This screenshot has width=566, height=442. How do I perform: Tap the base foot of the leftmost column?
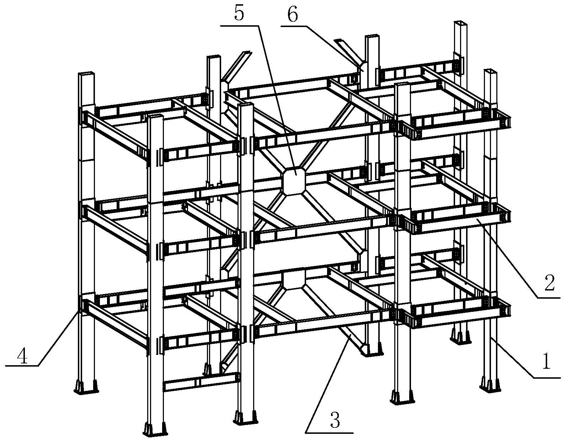point(86,387)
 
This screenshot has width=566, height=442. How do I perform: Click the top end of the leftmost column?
point(86,74)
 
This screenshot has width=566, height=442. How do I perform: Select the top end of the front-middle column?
point(246,105)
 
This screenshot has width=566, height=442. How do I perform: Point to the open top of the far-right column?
point(491,71)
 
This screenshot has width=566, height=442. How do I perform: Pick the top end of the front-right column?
point(403,85)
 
